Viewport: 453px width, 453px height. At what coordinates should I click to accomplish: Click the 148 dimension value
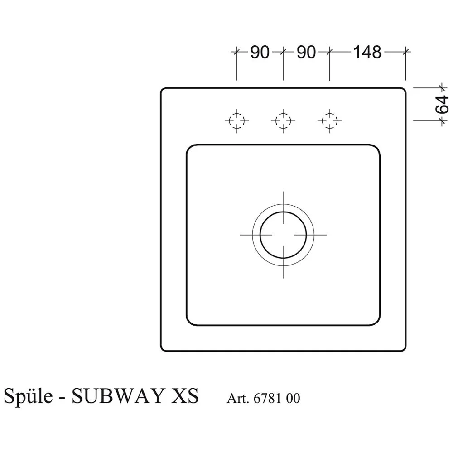click(367, 53)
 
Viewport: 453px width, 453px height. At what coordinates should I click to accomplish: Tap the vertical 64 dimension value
click(442, 104)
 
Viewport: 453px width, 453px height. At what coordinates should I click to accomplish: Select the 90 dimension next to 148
click(306, 53)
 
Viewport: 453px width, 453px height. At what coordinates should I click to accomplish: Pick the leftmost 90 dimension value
click(260, 53)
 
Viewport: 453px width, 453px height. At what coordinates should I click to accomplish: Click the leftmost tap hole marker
click(236, 120)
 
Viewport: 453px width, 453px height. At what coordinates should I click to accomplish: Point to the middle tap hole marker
click(283, 120)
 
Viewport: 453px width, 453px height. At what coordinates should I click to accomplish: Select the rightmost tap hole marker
click(329, 120)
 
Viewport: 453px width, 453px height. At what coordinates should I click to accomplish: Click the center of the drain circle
click(283, 235)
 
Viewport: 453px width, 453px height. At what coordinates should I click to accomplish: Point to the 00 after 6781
click(293, 399)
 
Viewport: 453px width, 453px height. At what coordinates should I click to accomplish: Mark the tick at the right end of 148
click(406, 52)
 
